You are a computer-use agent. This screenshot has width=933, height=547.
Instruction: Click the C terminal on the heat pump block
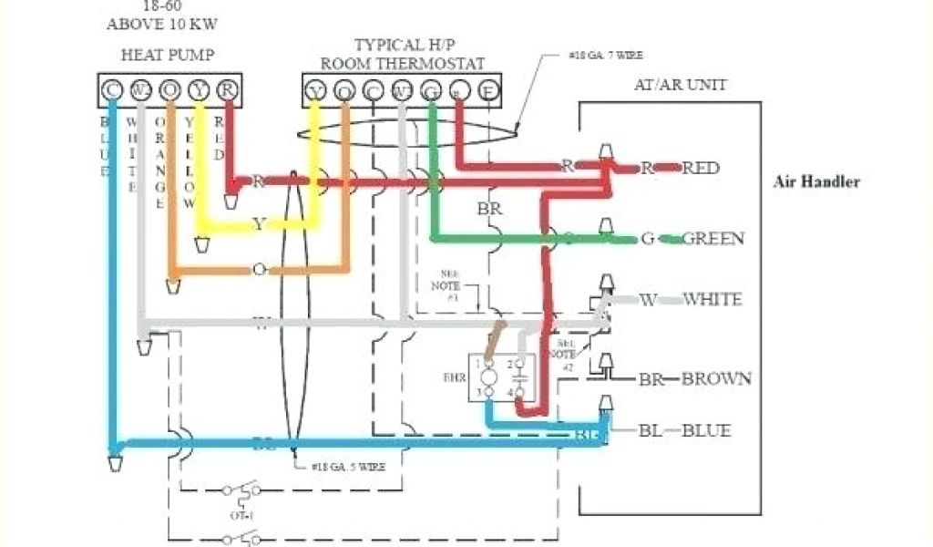click(111, 90)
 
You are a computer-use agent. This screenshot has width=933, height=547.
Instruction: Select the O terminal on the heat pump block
click(170, 90)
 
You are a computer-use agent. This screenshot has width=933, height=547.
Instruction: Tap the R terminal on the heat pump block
click(229, 90)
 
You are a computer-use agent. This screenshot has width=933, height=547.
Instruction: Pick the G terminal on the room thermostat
click(431, 90)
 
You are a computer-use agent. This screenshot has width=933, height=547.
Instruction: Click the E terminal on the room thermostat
click(490, 90)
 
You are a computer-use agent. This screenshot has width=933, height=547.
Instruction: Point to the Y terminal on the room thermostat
click(315, 90)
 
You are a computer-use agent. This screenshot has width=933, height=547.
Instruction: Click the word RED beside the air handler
click(701, 168)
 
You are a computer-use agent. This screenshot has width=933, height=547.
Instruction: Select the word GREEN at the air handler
click(713, 239)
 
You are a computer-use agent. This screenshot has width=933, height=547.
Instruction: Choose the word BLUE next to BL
click(706, 429)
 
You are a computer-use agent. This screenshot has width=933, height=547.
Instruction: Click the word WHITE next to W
click(712, 299)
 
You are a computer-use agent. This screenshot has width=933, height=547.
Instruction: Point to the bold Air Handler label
click(816, 181)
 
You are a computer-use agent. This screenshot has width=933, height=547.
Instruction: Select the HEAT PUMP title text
click(168, 55)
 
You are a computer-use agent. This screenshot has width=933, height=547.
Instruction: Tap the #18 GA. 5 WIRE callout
click(347, 466)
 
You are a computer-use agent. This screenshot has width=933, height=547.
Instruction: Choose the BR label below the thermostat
click(489, 209)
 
